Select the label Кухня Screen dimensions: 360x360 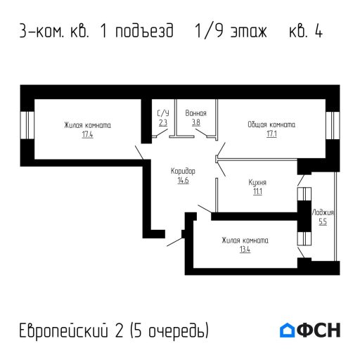[257, 182]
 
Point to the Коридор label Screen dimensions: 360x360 [183, 172]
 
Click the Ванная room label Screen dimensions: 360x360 [195, 113]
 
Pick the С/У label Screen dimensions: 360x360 [163, 113]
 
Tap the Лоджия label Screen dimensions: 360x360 [323, 212]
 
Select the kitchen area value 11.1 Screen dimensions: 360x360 [257, 191]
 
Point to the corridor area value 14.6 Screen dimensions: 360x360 [183, 180]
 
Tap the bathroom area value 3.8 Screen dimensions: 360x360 [195, 122]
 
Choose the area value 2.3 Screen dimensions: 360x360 [163, 122]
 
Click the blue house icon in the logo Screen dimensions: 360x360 [288, 330]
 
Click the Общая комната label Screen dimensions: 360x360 [271, 124]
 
